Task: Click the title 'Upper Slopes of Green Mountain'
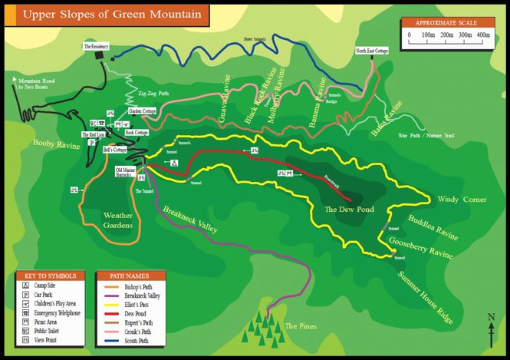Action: (106, 14)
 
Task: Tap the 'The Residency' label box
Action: (96, 47)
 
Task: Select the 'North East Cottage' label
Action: (371, 51)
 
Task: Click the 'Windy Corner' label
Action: (462, 200)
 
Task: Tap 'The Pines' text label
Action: (300, 326)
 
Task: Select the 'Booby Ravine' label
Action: (56, 144)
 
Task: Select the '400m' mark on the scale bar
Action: (483, 35)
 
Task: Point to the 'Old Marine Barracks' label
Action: (127, 171)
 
